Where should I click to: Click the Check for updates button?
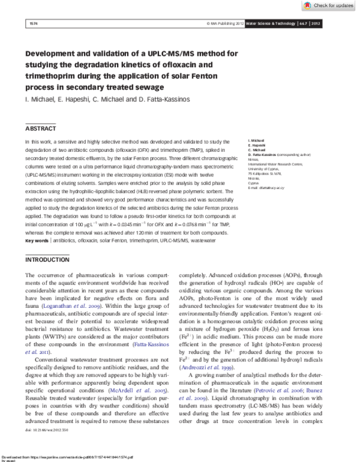point(328,5)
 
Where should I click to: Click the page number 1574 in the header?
point(34,23)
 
